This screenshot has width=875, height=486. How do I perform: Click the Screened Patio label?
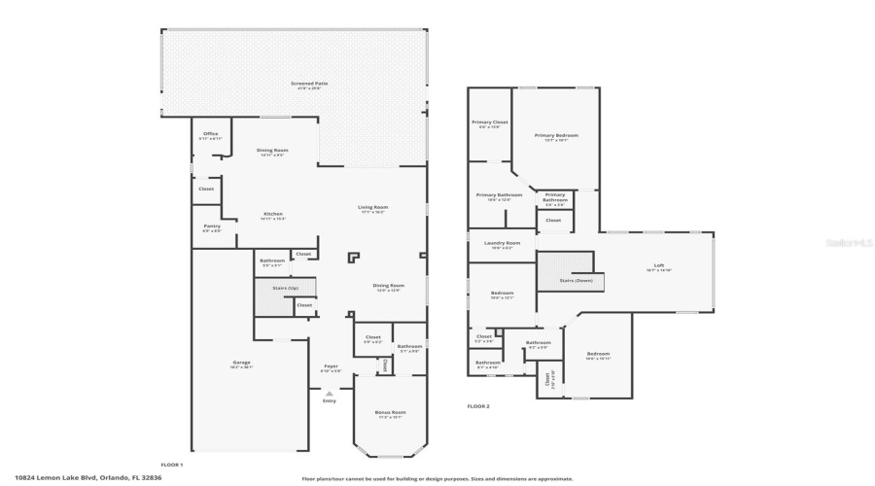pyautogui.click(x=309, y=84)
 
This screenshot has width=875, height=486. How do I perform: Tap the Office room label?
pyautogui.click(x=210, y=134)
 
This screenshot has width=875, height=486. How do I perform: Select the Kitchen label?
pyautogui.click(x=273, y=214)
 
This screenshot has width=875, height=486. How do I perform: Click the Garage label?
pyautogui.click(x=241, y=363)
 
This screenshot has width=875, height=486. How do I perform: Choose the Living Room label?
pyautogui.click(x=373, y=207)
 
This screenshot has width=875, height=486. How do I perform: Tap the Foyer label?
pyautogui.click(x=331, y=366)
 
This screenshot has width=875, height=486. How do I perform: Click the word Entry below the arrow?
pyautogui.click(x=330, y=400)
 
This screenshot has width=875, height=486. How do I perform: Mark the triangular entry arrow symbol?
pyautogui.click(x=330, y=392)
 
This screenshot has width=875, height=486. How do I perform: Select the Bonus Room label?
pyautogui.click(x=390, y=412)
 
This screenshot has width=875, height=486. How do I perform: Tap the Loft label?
pyautogui.click(x=658, y=266)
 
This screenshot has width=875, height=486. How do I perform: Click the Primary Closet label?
pyautogui.click(x=490, y=122)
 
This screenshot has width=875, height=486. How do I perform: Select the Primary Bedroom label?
pyautogui.click(x=555, y=135)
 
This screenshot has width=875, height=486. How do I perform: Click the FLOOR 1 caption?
pyautogui.click(x=171, y=465)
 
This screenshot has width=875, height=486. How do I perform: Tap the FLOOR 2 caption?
pyautogui.click(x=478, y=406)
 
